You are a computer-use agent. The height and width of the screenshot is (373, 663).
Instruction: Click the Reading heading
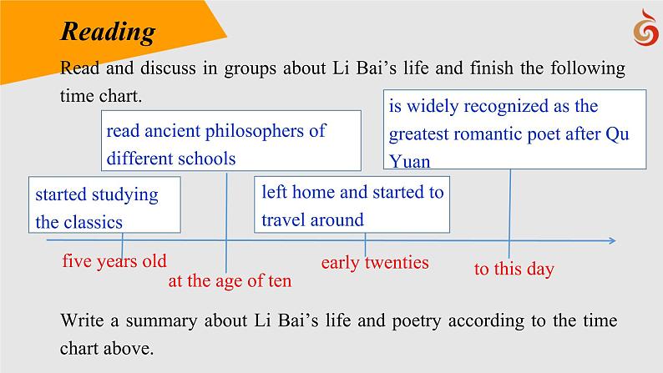point(108,31)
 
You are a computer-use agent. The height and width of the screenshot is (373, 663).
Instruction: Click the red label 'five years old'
point(114,260)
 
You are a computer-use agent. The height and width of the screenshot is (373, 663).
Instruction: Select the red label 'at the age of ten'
point(230,281)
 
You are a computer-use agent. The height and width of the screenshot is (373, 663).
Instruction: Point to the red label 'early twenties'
point(375,263)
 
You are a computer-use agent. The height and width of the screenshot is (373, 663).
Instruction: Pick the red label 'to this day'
point(514,269)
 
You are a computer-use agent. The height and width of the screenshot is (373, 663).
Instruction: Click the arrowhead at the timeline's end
point(612,241)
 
